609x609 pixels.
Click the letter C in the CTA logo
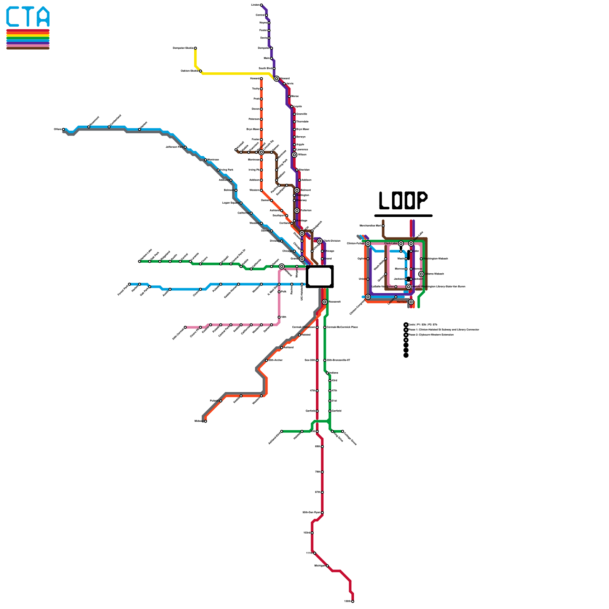pyautogui.click(x=13, y=17)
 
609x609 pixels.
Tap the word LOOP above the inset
pyautogui.click(x=403, y=200)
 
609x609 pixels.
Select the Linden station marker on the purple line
pyautogui.click(x=261, y=5)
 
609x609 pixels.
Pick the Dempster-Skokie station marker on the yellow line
pyautogui.click(x=195, y=48)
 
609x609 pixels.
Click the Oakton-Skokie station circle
pyautogui.click(x=200, y=71)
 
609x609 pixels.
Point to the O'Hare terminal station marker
pyautogui.click(x=64, y=129)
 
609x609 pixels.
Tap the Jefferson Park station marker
pyautogui.click(x=185, y=147)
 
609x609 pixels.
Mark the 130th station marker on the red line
pyautogui.click(x=352, y=601)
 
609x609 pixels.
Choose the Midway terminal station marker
pyautogui.click(x=206, y=421)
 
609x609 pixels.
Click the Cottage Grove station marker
pyautogui.click(x=343, y=431)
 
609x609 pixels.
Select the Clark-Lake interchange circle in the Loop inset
pyautogui.click(x=401, y=244)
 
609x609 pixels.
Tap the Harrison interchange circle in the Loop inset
pyautogui.click(x=411, y=302)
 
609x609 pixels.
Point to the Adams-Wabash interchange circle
pyautogui.click(x=421, y=274)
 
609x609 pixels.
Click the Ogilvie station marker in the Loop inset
pyautogui.click(x=368, y=259)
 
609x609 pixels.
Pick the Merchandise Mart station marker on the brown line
pyautogui.click(x=383, y=226)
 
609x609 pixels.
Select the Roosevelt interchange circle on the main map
pyautogui.click(x=325, y=302)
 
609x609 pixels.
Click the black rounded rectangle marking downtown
pyautogui.click(x=320, y=276)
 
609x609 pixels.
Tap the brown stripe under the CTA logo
pyautogui.click(x=28, y=48)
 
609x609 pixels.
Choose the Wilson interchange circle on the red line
pyautogui.click(x=294, y=155)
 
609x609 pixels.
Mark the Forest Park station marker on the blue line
pyautogui.click(x=129, y=284)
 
